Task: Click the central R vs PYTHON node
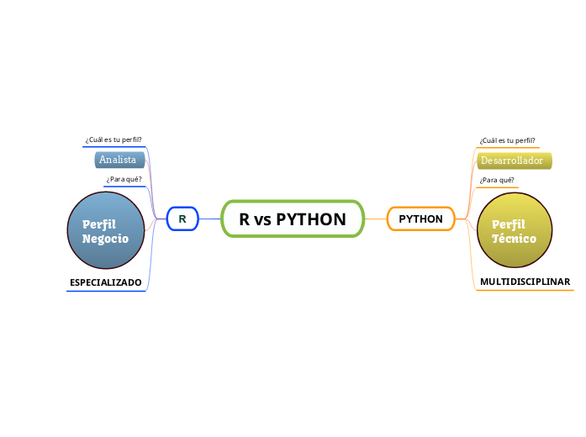(x=293, y=219)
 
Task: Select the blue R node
(x=182, y=219)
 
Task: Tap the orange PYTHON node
(x=420, y=219)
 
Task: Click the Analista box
(x=119, y=160)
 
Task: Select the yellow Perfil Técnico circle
(x=515, y=231)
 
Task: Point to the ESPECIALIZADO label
(x=106, y=282)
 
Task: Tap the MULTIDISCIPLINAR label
(x=525, y=282)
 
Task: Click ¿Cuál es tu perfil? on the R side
(x=114, y=140)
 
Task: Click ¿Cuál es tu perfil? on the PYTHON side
(x=507, y=140)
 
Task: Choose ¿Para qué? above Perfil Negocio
(x=124, y=180)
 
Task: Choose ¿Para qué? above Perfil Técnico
(x=496, y=180)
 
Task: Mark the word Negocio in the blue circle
(x=106, y=239)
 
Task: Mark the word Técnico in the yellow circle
(x=514, y=239)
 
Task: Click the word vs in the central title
(x=262, y=220)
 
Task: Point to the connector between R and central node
(x=209, y=219)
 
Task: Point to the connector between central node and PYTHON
(x=376, y=219)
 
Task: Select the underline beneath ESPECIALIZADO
(x=106, y=291)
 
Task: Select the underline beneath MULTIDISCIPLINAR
(x=525, y=291)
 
